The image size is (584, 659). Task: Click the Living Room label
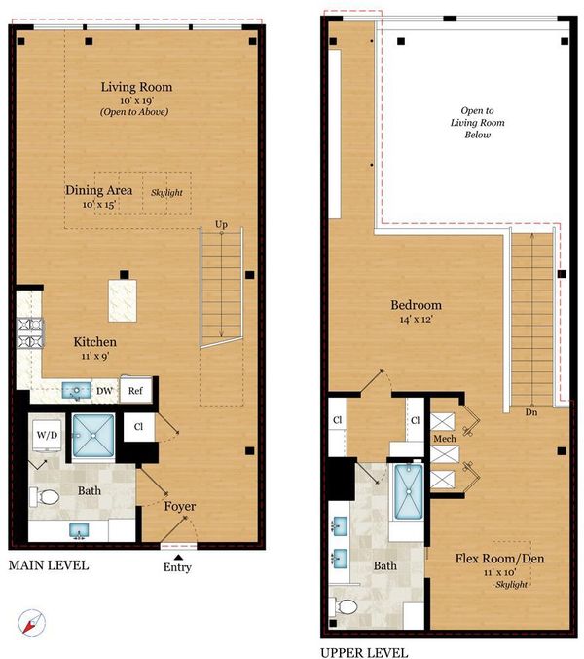(136, 87)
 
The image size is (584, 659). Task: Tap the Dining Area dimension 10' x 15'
(99, 205)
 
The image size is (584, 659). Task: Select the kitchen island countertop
(123, 300)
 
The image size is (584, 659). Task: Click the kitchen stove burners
(30, 332)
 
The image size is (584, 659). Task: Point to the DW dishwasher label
(104, 391)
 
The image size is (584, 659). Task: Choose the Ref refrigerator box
(135, 391)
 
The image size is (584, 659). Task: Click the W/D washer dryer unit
(47, 435)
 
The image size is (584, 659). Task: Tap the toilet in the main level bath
(45, 497)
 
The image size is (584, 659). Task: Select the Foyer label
(179, 507)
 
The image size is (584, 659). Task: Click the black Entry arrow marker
(178, 558)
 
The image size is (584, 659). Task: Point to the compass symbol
(32, 622)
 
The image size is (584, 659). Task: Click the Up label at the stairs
(221, 224)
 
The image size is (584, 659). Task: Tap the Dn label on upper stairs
(531, 412)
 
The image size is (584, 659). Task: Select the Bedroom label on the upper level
(416, 305)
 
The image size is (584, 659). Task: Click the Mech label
(445, 439)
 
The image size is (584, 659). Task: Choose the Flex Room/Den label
(499, 559)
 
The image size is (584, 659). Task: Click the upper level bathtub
(408, 491)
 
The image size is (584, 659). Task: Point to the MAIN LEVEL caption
(49, 565)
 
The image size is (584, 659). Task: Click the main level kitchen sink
(76, 391)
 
